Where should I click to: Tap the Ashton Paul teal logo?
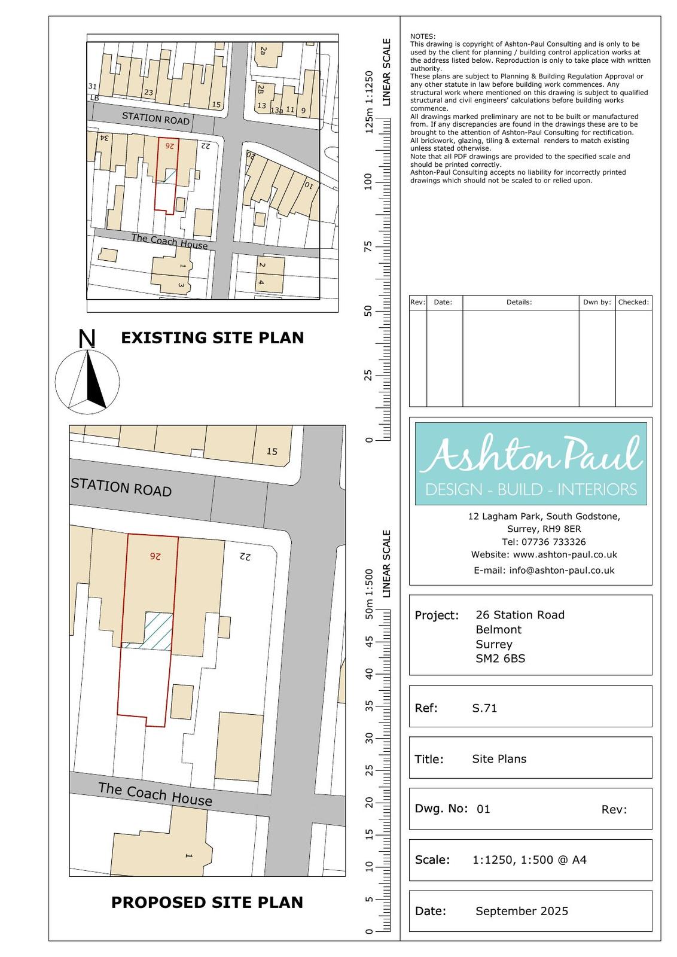(530, 464)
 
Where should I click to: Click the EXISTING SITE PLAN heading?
(212, 337)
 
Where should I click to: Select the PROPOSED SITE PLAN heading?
(207, 902)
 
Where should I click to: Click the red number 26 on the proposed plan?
(155, 556)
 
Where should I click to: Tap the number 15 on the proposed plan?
(272, 451)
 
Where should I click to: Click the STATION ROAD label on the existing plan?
(156, 118)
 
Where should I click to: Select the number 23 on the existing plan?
(149, 92)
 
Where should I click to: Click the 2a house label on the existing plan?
(263, 51)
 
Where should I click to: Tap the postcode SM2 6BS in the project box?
(500, 659)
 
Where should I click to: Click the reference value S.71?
(484, 708)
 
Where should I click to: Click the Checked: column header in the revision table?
(633, 302)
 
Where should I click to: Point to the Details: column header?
(519, 302)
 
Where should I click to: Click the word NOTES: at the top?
(423, 36)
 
